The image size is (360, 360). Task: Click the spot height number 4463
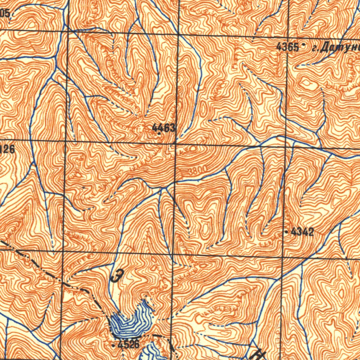point(163,127)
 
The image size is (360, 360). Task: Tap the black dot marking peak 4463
point(159,134)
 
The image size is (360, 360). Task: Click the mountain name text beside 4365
point(336,47)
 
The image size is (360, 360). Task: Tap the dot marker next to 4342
point(287,232)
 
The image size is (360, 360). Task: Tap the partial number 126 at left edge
point(7,149)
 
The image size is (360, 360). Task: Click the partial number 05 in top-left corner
point(5,13)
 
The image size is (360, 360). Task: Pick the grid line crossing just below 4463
point(176,143)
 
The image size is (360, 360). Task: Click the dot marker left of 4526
point(113,346)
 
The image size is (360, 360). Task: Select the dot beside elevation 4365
point(303,45)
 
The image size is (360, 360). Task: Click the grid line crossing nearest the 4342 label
point(283,255)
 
